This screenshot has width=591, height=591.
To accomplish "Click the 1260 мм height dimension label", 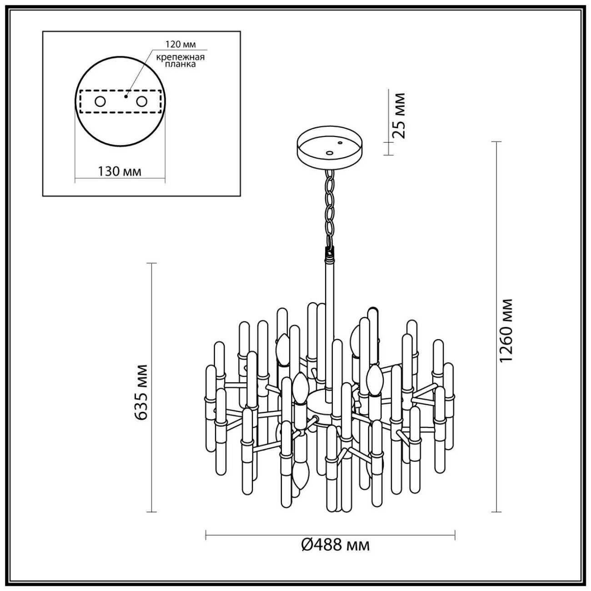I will (506, 331).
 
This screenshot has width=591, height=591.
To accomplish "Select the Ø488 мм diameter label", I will (336, 544).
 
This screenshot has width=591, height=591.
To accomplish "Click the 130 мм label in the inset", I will (120, 171).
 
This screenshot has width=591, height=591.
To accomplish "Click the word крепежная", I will (180, 57).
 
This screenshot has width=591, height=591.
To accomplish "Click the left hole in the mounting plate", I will (100, 101).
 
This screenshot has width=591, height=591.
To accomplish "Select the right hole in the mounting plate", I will (142, 101).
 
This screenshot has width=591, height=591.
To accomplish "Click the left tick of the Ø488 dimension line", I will (206, 535).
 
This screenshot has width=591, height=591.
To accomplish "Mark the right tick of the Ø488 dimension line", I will (455, 535).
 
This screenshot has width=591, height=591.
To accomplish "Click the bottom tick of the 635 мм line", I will (151, 512).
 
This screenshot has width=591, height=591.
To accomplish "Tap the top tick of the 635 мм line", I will (151, 263).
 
